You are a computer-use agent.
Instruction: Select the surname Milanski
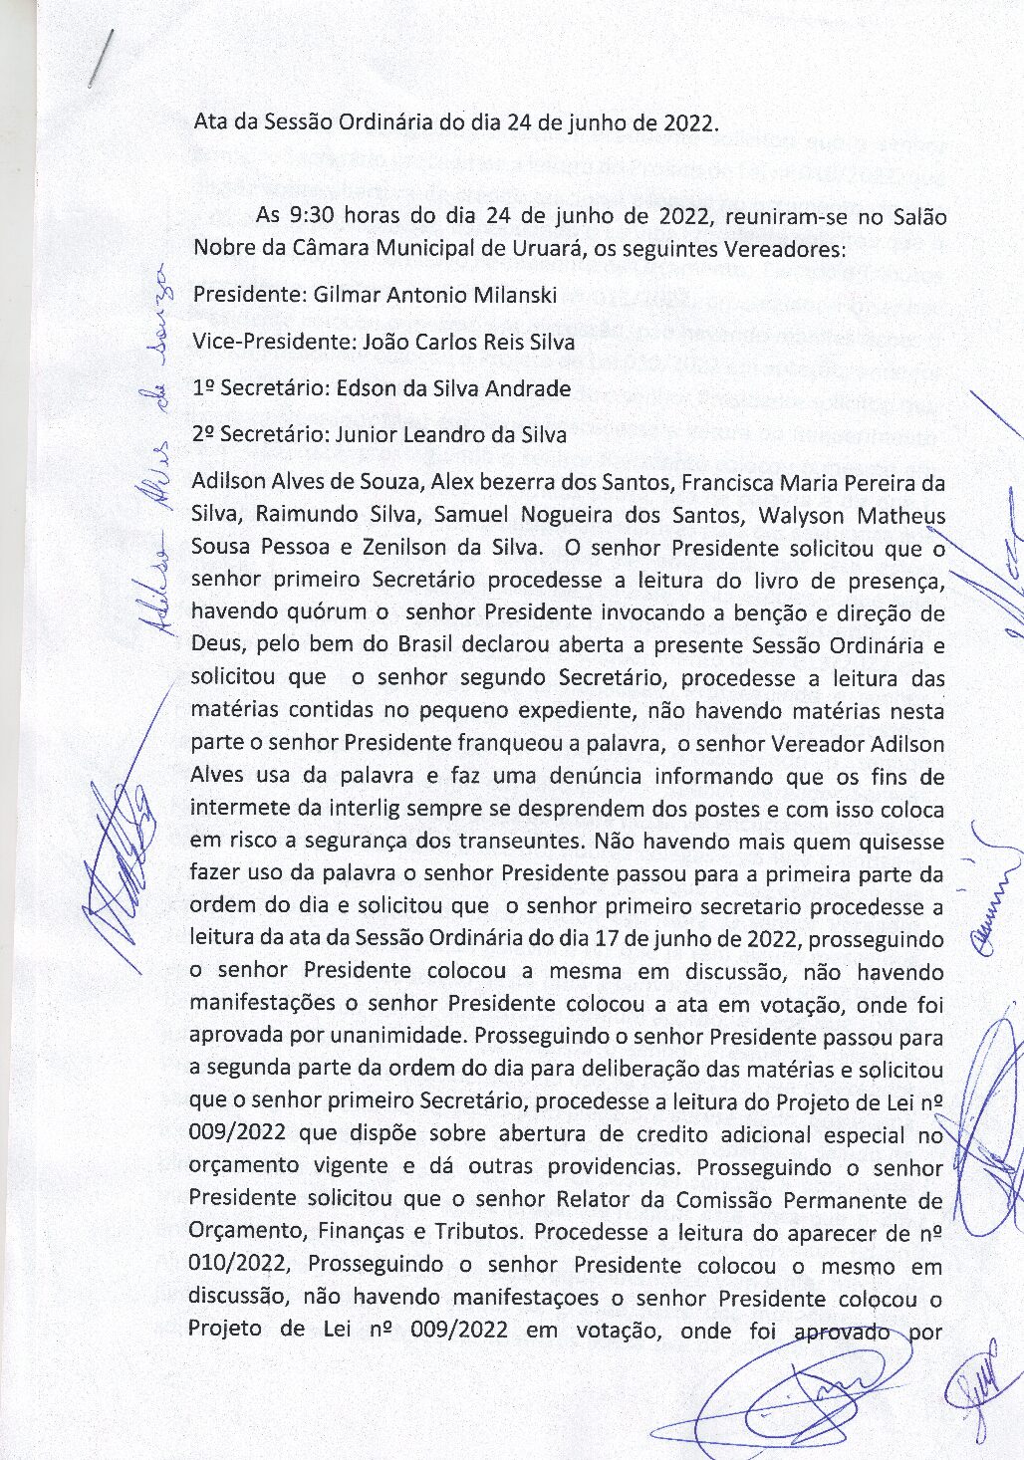pos(507,295)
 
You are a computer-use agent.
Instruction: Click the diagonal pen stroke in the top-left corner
pos(101,59)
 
